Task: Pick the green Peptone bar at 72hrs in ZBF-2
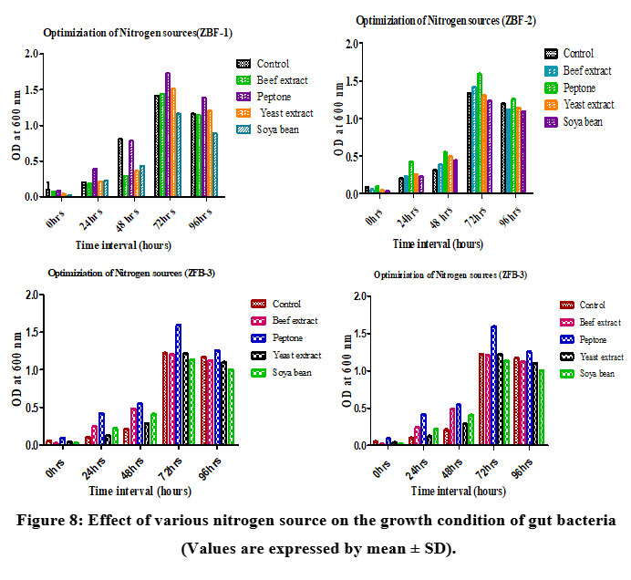pyautogui.click(x=480, y=133)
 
